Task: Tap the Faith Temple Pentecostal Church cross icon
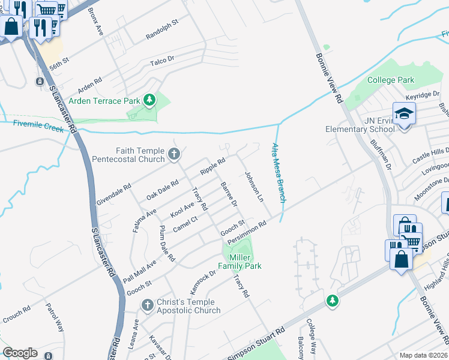[174, 154]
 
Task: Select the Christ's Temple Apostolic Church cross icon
[147, 306]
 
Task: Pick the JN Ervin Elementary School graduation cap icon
[404, 112]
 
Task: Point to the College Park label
[391, 80]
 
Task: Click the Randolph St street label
[162, 30]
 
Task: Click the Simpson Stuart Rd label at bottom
[256, 344]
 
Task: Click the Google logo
[20, 353]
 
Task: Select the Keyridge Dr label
[423, 95]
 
